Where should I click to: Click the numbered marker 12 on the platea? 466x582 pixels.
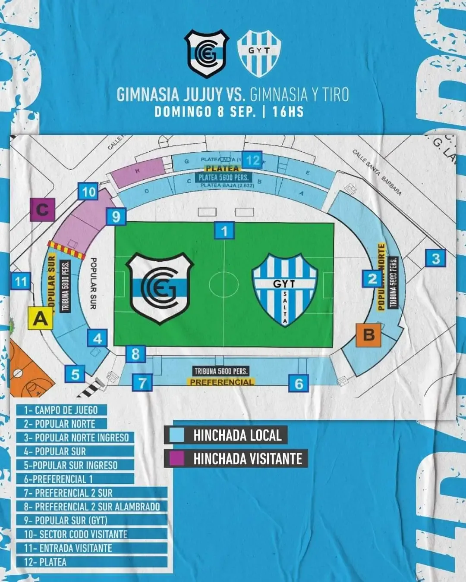click(252, 160)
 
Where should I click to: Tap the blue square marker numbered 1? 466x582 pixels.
click(224, 231)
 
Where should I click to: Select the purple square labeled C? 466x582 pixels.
click(42, 210)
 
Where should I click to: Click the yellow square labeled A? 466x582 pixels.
click(40, 319)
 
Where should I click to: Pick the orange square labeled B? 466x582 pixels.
click(369, 334)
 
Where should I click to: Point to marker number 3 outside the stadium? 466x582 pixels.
click(435, 259)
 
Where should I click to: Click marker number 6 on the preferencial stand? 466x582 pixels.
click(299, 383)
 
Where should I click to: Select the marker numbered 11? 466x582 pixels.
click(21, 282)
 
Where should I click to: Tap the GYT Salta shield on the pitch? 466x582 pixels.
click(285, 289)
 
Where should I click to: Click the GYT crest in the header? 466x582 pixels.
click(260, 53)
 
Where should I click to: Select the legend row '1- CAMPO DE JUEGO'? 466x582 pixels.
click(61, 410)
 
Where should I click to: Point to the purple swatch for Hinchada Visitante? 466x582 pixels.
click(177, 458)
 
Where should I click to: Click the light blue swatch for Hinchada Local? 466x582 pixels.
click(177, 435)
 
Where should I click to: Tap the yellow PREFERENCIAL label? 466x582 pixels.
click(221, 382)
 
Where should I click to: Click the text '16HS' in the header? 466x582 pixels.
click(288, 112)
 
